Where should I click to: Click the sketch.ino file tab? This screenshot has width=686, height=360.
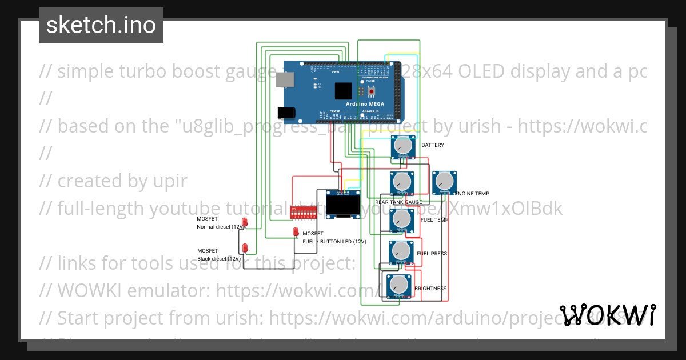(x=101, y=25)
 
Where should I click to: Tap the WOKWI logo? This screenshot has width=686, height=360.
(x=607, y=315)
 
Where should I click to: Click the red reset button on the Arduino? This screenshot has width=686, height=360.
(x=372, y=91)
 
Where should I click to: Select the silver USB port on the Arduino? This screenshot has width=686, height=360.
(x=286, y=81)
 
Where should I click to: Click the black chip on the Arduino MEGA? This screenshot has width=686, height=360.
(x=343, y=91)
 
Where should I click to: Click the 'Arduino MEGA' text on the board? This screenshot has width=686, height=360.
(x=364, y=104)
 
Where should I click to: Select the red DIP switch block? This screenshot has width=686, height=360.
(x=304, y=212)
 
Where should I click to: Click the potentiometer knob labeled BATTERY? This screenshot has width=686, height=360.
(x=403, y=147)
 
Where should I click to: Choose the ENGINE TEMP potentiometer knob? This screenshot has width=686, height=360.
(x=445, y=182)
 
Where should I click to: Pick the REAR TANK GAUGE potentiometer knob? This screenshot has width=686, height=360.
(x=402, y=182)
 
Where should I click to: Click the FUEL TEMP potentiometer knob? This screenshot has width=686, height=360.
(x=402, y=218)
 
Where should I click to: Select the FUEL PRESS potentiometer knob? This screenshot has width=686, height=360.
(x=401, y=251)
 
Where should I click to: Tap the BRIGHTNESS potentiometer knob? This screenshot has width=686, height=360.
(x=398, y=285)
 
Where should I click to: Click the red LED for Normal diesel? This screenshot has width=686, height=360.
(x=245, y=222)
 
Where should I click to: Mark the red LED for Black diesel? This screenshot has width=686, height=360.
(x=245, y=247)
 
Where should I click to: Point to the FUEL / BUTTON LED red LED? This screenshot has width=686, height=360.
(x=296, y=231)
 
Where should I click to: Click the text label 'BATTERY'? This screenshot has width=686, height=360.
(x=433, y=145)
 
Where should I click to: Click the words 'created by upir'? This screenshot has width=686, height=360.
(x=113, y=181)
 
